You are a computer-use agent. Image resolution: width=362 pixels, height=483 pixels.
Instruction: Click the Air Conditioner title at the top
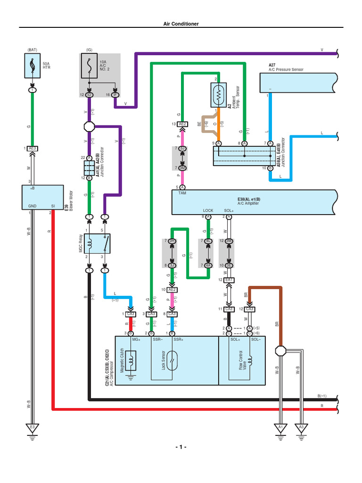[181, 24]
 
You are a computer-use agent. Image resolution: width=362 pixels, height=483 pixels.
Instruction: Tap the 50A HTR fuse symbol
[32, 66]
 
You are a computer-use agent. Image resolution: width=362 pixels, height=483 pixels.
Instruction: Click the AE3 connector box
[32, 148]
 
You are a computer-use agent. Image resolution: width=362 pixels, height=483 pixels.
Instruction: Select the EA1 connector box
[229, 280]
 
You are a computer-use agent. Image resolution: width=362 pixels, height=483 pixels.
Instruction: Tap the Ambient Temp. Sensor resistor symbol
[219, 96]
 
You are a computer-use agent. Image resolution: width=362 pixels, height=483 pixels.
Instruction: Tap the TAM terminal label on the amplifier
[182, 193]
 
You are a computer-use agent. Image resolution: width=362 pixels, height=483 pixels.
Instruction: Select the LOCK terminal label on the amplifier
[208, 210]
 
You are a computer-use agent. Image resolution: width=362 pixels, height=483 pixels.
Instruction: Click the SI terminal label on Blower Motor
[53, 206]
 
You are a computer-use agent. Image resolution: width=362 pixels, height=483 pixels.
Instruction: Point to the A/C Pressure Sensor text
[286, 69]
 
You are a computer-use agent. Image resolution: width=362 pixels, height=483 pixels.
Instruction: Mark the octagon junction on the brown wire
[281, 351]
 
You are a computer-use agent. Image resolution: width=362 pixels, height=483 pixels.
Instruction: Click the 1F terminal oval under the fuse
[115, 95]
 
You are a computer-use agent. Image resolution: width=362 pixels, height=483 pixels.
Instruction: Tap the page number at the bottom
[181, 447]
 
